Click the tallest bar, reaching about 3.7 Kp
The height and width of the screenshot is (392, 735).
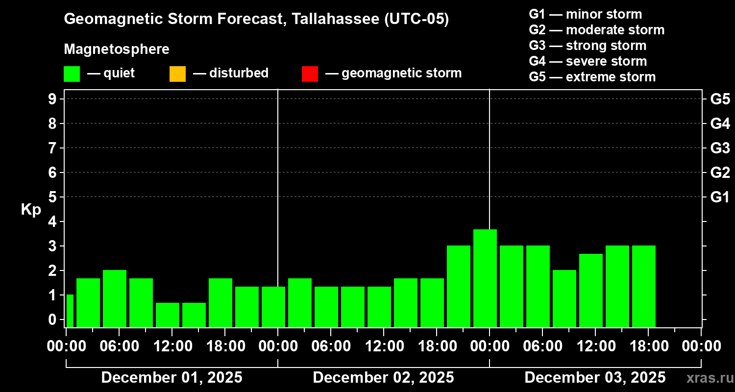(x=485, y=278)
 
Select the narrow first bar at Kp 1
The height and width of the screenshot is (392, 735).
(x=70, y=311)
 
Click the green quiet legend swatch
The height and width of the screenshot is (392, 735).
(x=72, y=74)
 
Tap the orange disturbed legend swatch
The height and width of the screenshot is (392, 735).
(x=177, y=74)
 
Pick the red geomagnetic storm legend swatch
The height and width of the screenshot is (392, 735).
(x=310, y=74)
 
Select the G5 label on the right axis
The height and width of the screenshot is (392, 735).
(x=720, y=99)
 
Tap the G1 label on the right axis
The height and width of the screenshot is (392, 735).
(x=720, y=197)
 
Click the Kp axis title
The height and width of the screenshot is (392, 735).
(x=31, y=210)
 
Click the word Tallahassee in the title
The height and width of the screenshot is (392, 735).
(x=331, y=19)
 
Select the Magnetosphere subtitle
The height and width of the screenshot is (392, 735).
(x=117, y=49)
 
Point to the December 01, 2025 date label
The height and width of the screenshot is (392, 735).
(x=171, y=377)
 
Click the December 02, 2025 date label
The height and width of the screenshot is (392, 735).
(x=383, y=377)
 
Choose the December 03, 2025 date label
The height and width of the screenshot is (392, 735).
(x=595, y=377)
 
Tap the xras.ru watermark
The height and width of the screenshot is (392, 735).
(x=708, y=377)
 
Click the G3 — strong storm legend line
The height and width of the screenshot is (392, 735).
(x=588, y=46)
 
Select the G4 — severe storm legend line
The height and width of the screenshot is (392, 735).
(x=588, y=61)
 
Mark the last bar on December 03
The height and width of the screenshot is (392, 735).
(x=644, y=286)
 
